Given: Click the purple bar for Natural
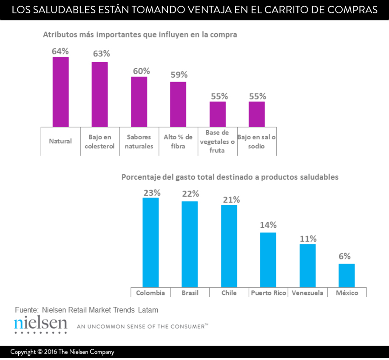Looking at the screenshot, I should [x=60, y=92].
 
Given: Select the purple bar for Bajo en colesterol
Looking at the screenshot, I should [x=99, y=94].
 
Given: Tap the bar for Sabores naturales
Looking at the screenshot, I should [x=139, y=102].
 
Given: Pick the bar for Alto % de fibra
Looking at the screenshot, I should [x=178, y=104].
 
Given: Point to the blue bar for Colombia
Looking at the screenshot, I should [x=150, y=242].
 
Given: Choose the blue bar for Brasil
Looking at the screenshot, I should [x=190, y=244].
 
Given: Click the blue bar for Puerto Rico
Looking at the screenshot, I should [x=268, y=259].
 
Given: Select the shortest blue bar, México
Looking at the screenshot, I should [x=346, y=275].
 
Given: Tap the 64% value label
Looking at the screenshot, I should [x=60, y=51].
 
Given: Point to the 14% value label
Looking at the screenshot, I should [x=268, y=225].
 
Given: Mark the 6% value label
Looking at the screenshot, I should [x=345, y=256].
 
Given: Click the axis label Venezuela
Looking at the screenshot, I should [x=308, y=293].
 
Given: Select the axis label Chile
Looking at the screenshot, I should [x=229, y=293].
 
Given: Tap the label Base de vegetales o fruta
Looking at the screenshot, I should [x=217, y=142].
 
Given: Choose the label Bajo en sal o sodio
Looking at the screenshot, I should [x=257, y=142].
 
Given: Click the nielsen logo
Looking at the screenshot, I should [x=41, y=324].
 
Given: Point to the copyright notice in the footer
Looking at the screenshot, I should [x=62, y=352].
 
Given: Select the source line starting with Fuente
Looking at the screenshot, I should [x=86, y=310].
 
